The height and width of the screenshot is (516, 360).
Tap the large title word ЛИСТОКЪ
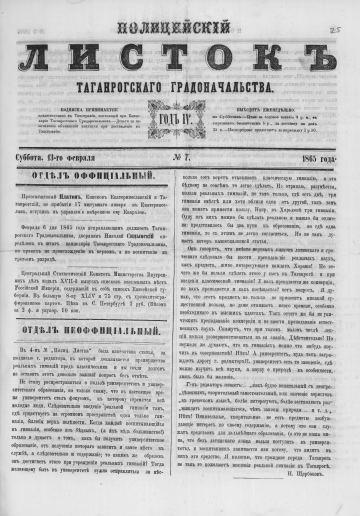click(x=180, y=50)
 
